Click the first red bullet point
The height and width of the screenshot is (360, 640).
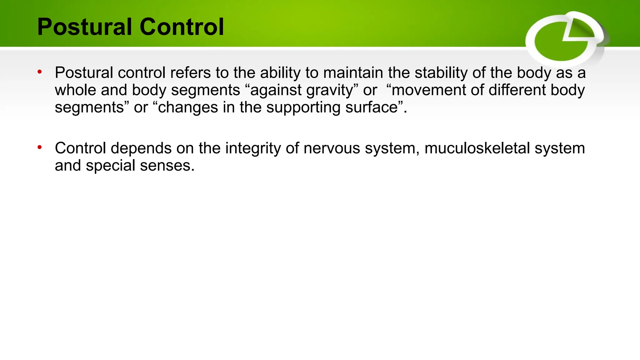click(40, 72)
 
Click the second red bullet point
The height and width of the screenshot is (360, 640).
click(40, 147)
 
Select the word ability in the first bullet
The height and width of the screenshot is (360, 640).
click(280, 73)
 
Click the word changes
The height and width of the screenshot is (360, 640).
click(188, 107)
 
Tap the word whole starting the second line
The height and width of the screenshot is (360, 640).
click(75, 90)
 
